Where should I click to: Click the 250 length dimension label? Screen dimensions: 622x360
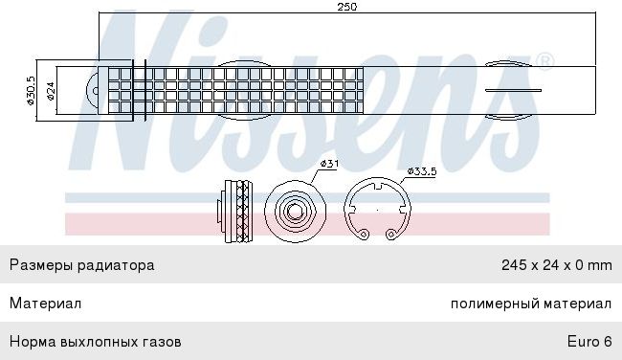pyautogui.click(x=347, y=7)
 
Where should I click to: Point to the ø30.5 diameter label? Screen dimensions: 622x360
pyautogui.click(x=31, y=91)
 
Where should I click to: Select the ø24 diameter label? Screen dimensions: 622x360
pyautogui.click(x=51, y=91)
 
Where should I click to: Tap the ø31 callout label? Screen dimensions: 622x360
pyautogui.click(x=329, y=164)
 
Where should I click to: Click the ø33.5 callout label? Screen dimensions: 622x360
pyautogui.click(x=422, y=171)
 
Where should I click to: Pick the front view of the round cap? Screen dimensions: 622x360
pyautogui.click(x=295, y=211)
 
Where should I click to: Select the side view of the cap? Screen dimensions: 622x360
pyautogui.click(x=234, y=212)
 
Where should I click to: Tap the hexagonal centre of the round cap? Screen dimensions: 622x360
pyautogui.click(x=295, y=212)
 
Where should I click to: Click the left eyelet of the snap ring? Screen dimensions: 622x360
pyautogui.click(x=364, y=235)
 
